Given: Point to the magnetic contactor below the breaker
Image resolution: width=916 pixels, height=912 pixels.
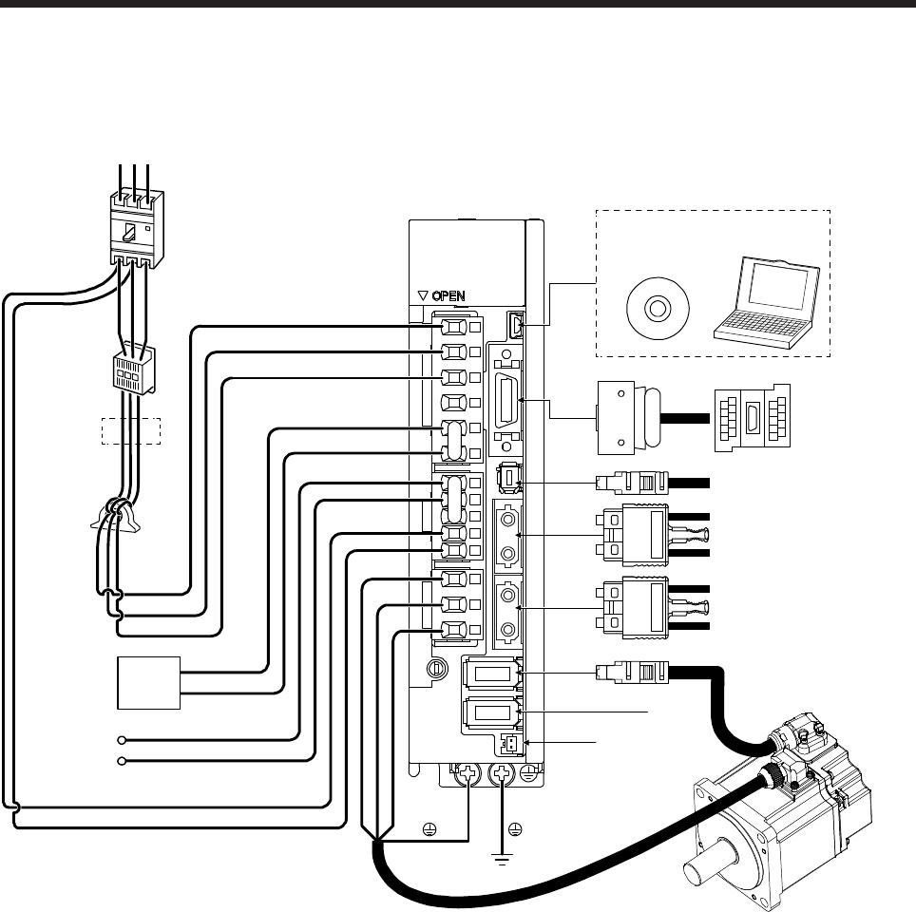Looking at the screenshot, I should [x=132, y=373].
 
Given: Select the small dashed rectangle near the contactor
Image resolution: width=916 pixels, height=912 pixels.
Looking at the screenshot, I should [x=132, y=430].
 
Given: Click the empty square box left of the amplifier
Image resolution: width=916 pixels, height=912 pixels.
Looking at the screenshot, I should [x=148, y=681].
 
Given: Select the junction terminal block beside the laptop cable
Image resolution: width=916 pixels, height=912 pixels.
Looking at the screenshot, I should [x=751, y=418].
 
